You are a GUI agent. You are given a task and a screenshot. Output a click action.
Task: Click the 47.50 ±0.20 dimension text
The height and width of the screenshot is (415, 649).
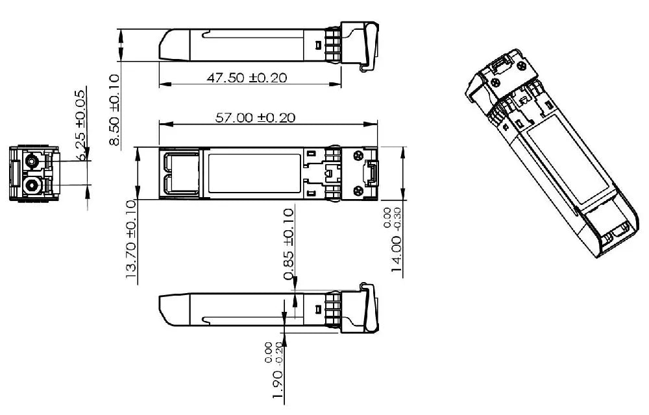pyautogui.click(x=247, y=78)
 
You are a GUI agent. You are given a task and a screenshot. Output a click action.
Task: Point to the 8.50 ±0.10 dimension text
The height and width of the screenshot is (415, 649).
pyautogui.click(x=114, y=110)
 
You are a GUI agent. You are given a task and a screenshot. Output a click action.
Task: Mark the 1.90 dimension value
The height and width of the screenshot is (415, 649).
pyautogui.click(x=278, y=386)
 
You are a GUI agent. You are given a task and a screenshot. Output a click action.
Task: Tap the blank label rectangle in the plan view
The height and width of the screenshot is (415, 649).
pyautogui.click(x=254, y=173)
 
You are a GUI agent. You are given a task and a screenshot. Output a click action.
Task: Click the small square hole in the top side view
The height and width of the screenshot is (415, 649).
pyautogui.click(x=317, y=45)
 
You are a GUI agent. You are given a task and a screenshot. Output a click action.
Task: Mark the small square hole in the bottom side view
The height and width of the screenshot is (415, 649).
pyautogui.click(x=317, y=309)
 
